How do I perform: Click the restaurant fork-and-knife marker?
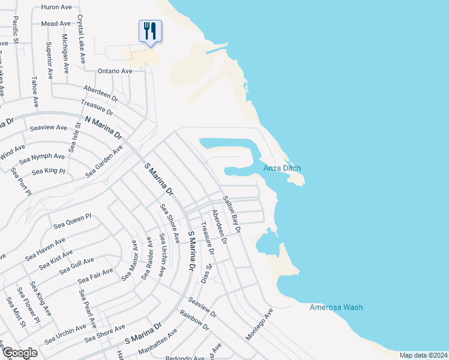150,31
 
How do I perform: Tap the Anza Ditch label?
282,169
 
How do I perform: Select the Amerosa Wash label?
336,308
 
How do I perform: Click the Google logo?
19,353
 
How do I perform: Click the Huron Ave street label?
56,7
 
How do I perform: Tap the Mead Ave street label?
56,23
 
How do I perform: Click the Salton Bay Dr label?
232,214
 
